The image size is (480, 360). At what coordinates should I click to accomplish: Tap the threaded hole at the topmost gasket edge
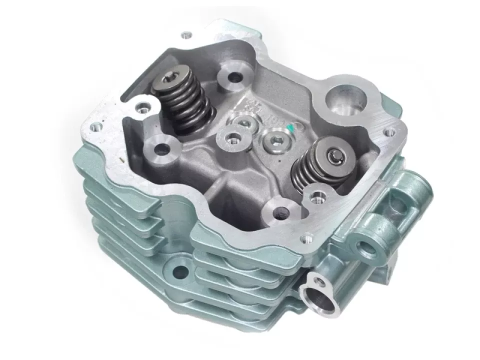click(x=186, y=35)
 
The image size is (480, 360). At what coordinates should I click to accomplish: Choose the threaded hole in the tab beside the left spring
click(x=144, y=107)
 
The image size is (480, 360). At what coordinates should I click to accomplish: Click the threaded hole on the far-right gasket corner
click(x=388, y=132)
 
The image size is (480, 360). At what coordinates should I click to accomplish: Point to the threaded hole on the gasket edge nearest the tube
click(x=307, y=234)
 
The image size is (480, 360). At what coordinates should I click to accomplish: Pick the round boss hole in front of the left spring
click(x=162, y=148)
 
